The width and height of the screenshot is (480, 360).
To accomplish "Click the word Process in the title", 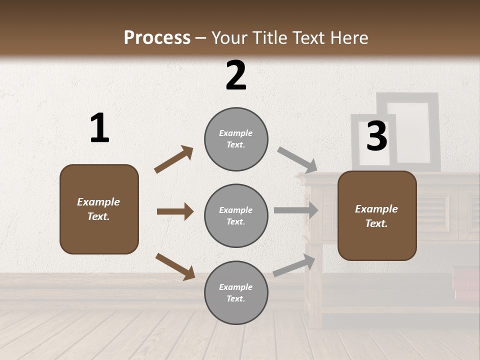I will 157,37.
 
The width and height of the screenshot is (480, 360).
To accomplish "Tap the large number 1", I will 99,128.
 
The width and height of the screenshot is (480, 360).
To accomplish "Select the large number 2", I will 235,75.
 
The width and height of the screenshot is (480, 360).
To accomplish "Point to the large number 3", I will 376,136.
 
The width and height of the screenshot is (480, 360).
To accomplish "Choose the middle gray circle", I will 236,215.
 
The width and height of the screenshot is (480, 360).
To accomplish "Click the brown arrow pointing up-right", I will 173,159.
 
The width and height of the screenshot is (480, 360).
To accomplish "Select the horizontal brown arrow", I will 175,211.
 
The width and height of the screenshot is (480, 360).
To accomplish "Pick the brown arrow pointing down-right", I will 175,266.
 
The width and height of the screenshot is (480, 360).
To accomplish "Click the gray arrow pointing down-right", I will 297,159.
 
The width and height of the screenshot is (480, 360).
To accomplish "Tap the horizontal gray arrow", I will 296,210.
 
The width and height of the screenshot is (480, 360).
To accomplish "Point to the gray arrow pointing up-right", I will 294,265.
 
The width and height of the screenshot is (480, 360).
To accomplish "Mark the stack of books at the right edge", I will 466,283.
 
